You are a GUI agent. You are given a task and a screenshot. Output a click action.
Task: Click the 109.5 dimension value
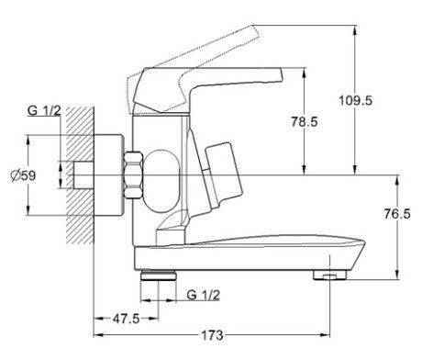point(356,100)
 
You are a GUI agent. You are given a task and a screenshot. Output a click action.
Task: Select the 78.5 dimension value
point(305,122)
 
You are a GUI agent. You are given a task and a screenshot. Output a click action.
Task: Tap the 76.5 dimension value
point(397,214)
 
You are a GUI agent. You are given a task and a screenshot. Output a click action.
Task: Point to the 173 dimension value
point(212,335)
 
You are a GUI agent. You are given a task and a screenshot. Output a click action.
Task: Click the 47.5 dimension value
point(126,319)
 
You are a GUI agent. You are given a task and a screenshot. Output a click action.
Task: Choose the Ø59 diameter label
point(23,175)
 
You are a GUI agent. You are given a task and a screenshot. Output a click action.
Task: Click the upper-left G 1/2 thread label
point(44,110)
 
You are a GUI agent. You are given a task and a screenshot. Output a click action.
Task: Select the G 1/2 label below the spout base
point(204,295)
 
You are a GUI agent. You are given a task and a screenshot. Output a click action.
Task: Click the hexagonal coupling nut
point(133,174)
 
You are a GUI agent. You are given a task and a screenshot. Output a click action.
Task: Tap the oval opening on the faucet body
point(161,181)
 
